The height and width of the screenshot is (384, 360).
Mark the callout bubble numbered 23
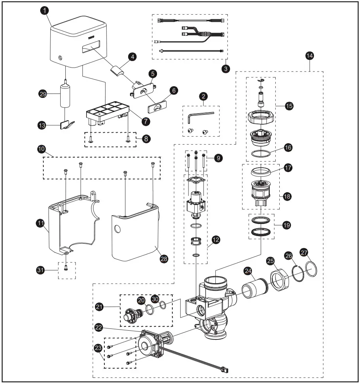coord(98,349)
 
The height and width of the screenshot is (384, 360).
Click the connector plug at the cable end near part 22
coord(223,369)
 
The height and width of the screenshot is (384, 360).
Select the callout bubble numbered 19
coord(287,225)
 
